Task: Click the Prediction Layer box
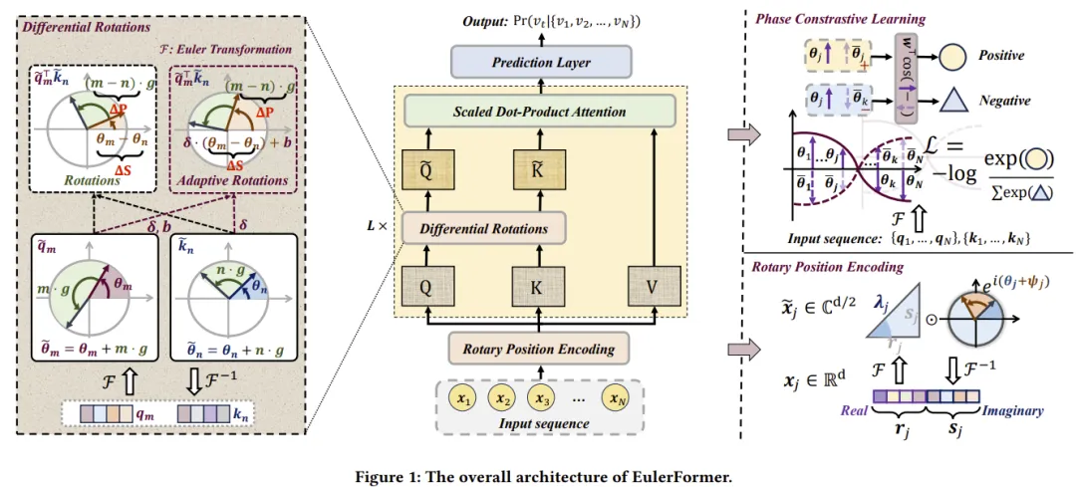(x=541, y=63)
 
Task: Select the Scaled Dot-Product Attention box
(x=541, y=112)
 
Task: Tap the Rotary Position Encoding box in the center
(x=538, y=349)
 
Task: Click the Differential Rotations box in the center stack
(x=482, y=229)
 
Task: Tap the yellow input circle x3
(x=541, y=399)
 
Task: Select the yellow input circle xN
(x=615, y=399)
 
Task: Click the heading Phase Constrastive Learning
(x=840, y=19)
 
